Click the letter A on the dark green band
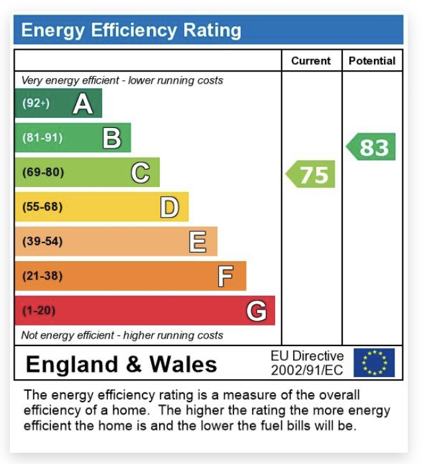(83, 103)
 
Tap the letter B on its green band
(111, 138)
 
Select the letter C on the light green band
(141, 172)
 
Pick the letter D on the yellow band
(170, 207)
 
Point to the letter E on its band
(198, 242)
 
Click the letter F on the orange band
(225, 276)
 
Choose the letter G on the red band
(257, 310)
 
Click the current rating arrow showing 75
(312, 175)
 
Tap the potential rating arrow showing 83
(372, 147)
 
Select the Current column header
(311, 61)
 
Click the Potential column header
(372, 61)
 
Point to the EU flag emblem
(374, 363)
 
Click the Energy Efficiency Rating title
(131, 30)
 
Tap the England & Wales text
(121, 364)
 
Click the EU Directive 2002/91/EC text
(307, 363)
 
